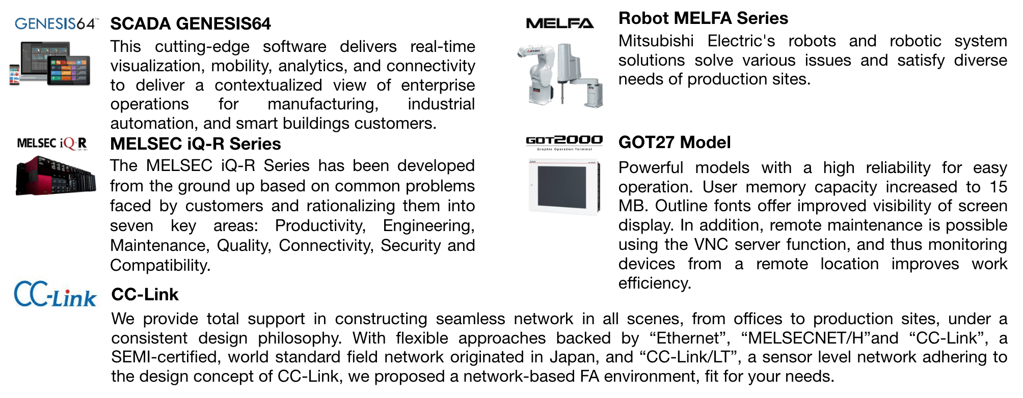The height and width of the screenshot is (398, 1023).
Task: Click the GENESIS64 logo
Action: coord(57,23)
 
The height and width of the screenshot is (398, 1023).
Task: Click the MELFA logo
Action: coord(559,23)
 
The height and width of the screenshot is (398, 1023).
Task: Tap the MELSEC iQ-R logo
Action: coord(52,144)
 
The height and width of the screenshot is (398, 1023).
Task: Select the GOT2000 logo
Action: coord(564,142)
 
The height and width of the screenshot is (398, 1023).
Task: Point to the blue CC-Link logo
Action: coord(55,294)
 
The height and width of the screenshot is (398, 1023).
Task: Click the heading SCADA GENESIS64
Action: coord(191,24)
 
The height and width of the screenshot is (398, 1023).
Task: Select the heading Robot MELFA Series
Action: coord(703,18)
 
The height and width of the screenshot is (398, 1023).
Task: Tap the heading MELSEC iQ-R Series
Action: coord(196,144)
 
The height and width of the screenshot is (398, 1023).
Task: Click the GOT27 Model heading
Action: coord(675,143)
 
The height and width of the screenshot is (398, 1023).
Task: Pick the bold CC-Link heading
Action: coord(145,295)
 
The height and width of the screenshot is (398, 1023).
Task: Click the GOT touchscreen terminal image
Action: coord(564,187)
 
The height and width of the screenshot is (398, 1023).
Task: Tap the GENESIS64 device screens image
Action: coord(50,63)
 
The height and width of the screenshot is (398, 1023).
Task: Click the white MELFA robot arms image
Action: coord(560,75)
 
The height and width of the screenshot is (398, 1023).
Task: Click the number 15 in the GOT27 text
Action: coord(999,187)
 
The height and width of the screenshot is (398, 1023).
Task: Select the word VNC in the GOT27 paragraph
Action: coord(711,245)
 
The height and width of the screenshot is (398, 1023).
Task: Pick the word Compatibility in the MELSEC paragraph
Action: coord(160,266)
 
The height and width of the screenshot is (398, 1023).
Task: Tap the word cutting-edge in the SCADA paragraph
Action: coord(202,47)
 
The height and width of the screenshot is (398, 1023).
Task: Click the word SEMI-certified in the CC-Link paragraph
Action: coord(166,357)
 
